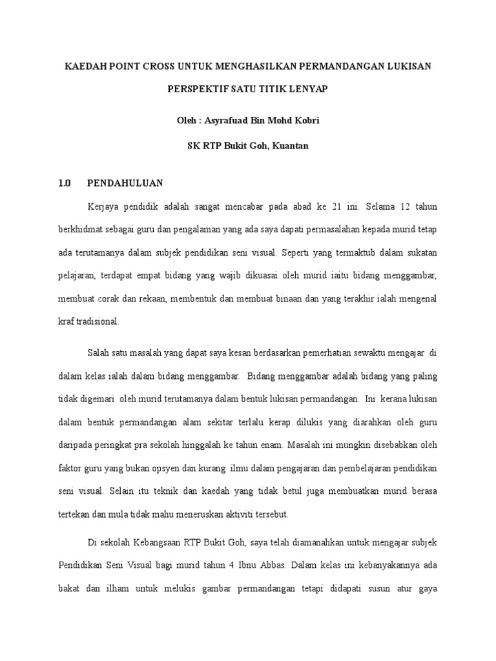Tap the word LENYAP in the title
click(307, 89)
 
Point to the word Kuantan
click(290, 146)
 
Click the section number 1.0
click(64, 183)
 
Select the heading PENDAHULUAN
click(125, 183)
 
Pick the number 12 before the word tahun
click(404, 207)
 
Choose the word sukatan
click(421, 252)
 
